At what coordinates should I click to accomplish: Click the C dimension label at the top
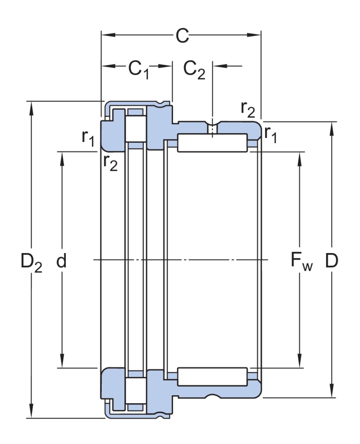coord(182,36)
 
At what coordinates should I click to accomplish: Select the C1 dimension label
coord(139,69)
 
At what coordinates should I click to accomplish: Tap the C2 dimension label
coord(193,69)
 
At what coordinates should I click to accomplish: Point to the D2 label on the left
coord(31,262)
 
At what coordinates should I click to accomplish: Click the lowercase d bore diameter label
coord(61,260)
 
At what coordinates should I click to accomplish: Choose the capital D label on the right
coord(332,260)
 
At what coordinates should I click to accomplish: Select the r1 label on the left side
coord(88,138)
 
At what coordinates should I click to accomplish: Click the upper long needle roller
coord(212,143)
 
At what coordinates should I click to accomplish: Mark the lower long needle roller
coord(212,376)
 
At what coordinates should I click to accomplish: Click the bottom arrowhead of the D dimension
coord(332,392)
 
